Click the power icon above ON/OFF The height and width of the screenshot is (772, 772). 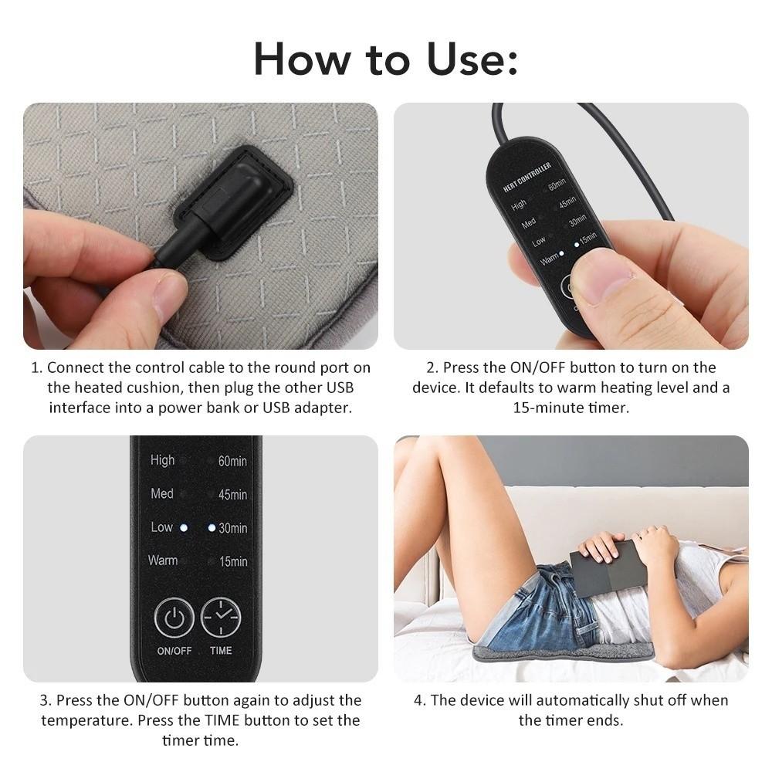coord(174,618)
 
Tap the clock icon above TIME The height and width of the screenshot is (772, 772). coord(221,618)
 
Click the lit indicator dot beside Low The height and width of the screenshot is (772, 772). coord(184,528)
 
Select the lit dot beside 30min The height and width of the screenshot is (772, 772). coord(212,528)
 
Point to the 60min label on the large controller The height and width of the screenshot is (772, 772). coord(232,462)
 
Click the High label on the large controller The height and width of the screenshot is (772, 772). coord(162,460)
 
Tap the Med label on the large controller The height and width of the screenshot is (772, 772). coord(162,493)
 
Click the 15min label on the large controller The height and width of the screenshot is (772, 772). coord(233,561)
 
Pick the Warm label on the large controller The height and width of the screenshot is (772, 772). coord(162,560)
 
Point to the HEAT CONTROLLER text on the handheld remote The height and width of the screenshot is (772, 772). coord(527,178)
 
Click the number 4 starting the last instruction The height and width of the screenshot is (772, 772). coord(419,701)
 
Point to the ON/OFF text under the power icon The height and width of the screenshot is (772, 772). coord(174,651)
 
